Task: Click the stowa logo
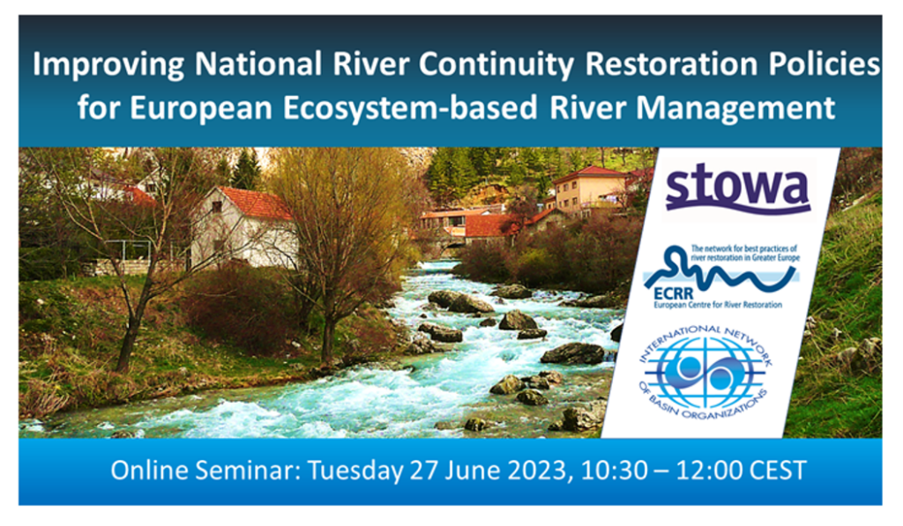pyautogui.click(x=736, y=188)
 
